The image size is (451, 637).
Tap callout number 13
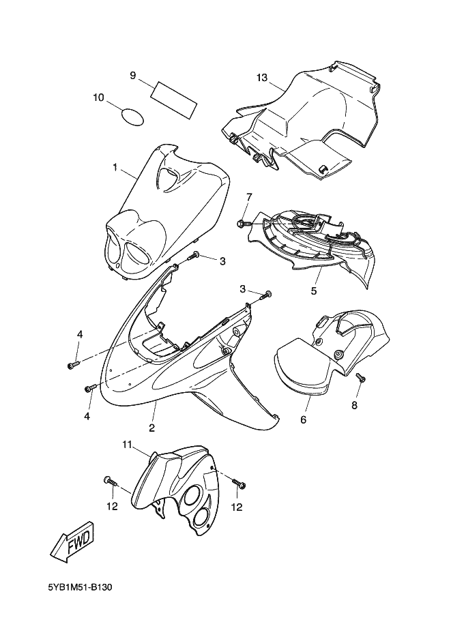coord(263,77)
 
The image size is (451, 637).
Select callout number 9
coord(132,76)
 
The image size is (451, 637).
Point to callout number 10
coord(98,98)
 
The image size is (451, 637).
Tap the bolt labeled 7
coord(242,223)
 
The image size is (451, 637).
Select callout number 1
coord(115,167)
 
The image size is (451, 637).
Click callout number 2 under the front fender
coord(152,428)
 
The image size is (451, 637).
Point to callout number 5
coord(314,291)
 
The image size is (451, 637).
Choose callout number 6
coord(303,419)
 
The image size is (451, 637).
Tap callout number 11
coord(128,445)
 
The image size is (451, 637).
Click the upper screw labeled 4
coord(74,365)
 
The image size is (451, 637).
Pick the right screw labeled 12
coord(239,483)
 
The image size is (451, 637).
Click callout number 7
coord(249,196)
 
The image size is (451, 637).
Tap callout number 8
coord(354,405)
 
